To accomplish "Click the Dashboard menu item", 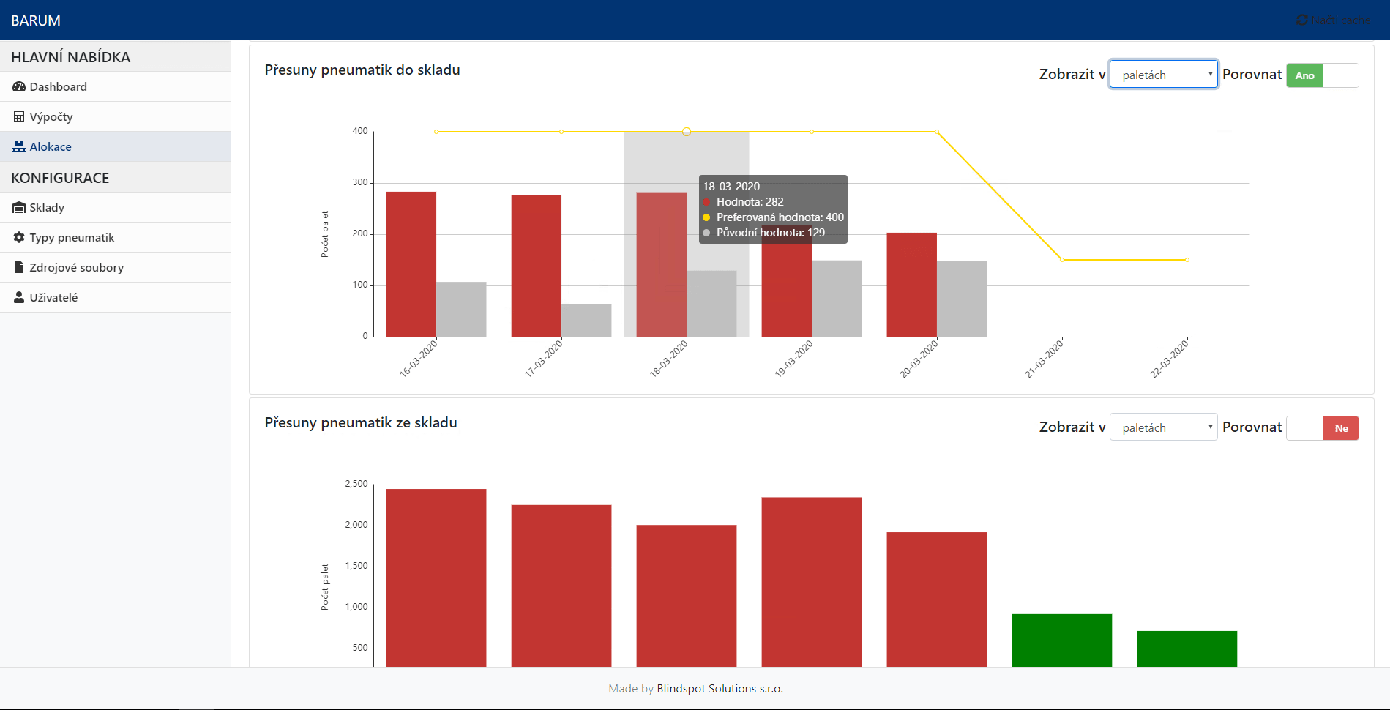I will click(x=58, y=86).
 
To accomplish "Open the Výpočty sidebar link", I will click(x=51, y=116).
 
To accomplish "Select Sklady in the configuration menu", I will click(x=47, y=207).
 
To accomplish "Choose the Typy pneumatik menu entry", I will click(x=72, y=237).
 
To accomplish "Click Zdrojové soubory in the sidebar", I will click(x=76, y=267).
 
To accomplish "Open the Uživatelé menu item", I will click(x=53, y=297).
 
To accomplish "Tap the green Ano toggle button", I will click(x=1304, y=75).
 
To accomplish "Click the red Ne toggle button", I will click(x=1341, y=428).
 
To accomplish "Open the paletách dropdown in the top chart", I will click(x=1163, y=75).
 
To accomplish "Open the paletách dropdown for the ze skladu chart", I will click(x=1163, y=427).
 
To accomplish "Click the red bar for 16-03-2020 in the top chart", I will click(x=411, y=264).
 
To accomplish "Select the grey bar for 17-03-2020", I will click(x=586, y=321).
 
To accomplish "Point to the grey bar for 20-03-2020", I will click(x=962, y=299).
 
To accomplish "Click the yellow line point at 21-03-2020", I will click(x=1062, y=260).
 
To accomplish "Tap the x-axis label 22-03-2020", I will click(x=1169, y=359).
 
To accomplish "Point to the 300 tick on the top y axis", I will click(x=360, y=182).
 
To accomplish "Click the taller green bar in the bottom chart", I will click(x=1061, y=640).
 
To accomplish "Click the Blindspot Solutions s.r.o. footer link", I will click(x=720, y=688).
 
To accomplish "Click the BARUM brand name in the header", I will click(x=36, y=20).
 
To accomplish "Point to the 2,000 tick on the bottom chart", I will click(x=356, y=525).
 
